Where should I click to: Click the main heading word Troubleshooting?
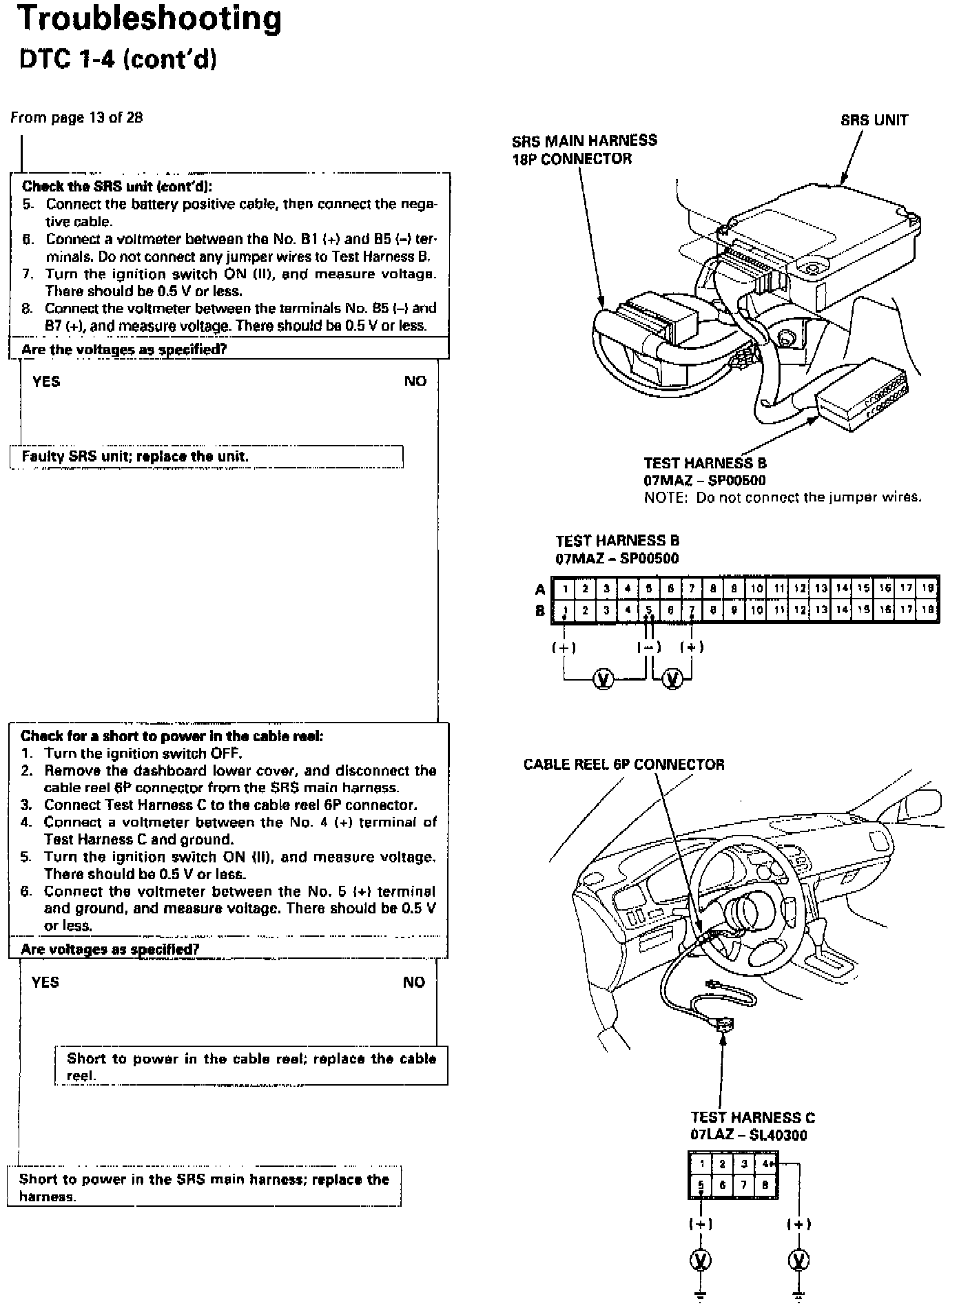(x=149, y=19)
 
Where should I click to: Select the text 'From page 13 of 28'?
(x=76, y=117)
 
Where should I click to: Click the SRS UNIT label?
(x=874, y=121)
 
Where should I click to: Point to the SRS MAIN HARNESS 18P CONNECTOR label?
(x=584, y=149)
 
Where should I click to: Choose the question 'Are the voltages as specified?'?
(x=124, y=349)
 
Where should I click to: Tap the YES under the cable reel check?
(x=45, y=982)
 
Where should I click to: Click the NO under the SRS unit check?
(x=415, y=382)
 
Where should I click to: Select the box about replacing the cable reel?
(x=251, y=1066)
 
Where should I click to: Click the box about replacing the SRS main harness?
(x=204, y=1188)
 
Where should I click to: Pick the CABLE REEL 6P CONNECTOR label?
(x=623, y=765)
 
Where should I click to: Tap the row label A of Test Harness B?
(x=540, y=590)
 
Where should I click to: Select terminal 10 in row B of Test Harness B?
(x=756, y=610)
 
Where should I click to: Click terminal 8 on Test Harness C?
(x=765, y=1185)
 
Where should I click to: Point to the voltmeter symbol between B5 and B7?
(x=672, y=679)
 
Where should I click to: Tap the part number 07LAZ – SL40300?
(x=748, y=1134)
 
